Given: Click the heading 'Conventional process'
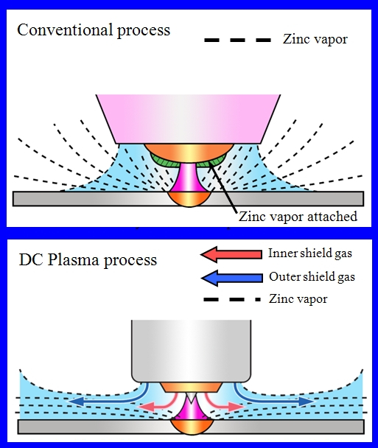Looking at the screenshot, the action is click(x=94, y=30).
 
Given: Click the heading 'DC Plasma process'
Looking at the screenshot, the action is click(x=88, y=260).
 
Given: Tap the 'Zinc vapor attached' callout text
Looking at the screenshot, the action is click(x=298, y=217).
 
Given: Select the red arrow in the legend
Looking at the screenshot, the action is click(x=231, y=254).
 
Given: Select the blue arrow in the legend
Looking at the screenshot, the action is click(x=231, y=278).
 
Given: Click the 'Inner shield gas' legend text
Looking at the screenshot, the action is click(x=310, y=253).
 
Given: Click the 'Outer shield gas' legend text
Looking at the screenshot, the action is click(x=312, y=276).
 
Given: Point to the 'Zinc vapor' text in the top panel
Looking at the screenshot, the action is click(x=315, y=40).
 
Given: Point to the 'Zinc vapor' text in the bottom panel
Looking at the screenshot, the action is click(x=298, y=299).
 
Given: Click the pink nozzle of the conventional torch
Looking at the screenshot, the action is click(x=188, y=119).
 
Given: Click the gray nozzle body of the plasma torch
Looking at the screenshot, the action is click(x=192, y=351).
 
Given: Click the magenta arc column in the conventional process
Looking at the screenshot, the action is click(x=189, y=177).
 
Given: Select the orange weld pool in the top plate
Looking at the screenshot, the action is click(x=189, y=199).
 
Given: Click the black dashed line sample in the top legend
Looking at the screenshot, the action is click(x=237, y=41).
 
